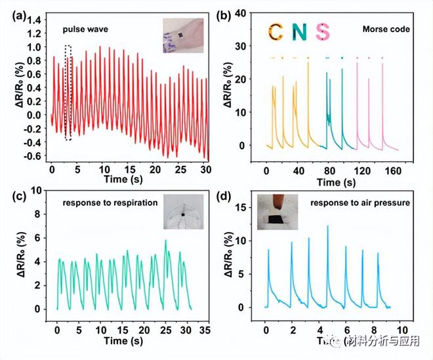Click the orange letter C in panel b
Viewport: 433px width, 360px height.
coord(277,31)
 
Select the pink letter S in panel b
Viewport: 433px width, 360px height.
coord(322,31)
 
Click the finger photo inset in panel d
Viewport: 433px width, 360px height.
coord(278,211)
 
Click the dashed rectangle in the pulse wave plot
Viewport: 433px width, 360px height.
coord(68,92)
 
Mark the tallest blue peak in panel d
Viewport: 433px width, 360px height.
coord(327,226)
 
